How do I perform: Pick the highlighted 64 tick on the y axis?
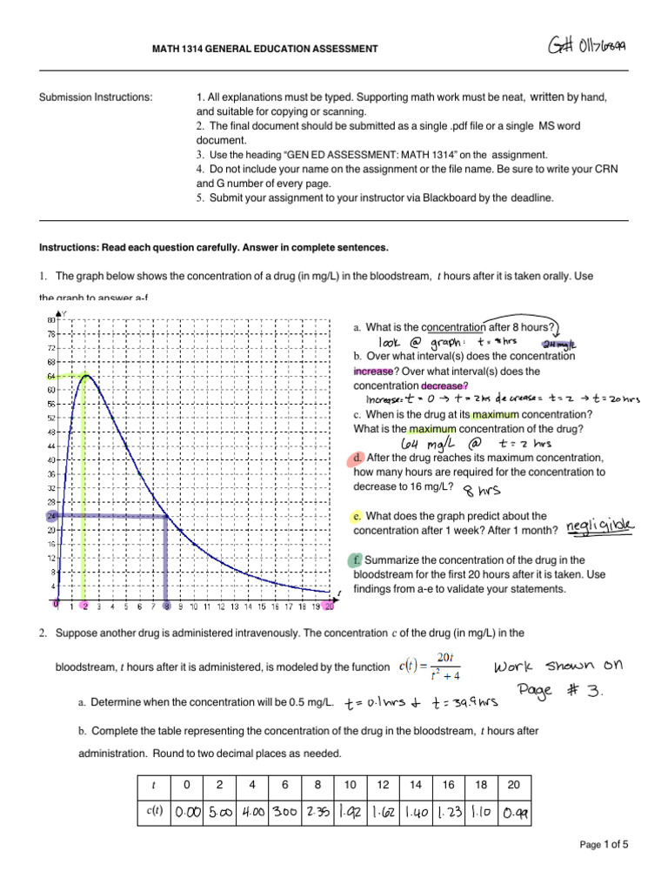click(51, 376)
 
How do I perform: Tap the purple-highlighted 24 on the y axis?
click(51, 516)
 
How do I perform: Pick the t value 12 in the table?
click(383, 785)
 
